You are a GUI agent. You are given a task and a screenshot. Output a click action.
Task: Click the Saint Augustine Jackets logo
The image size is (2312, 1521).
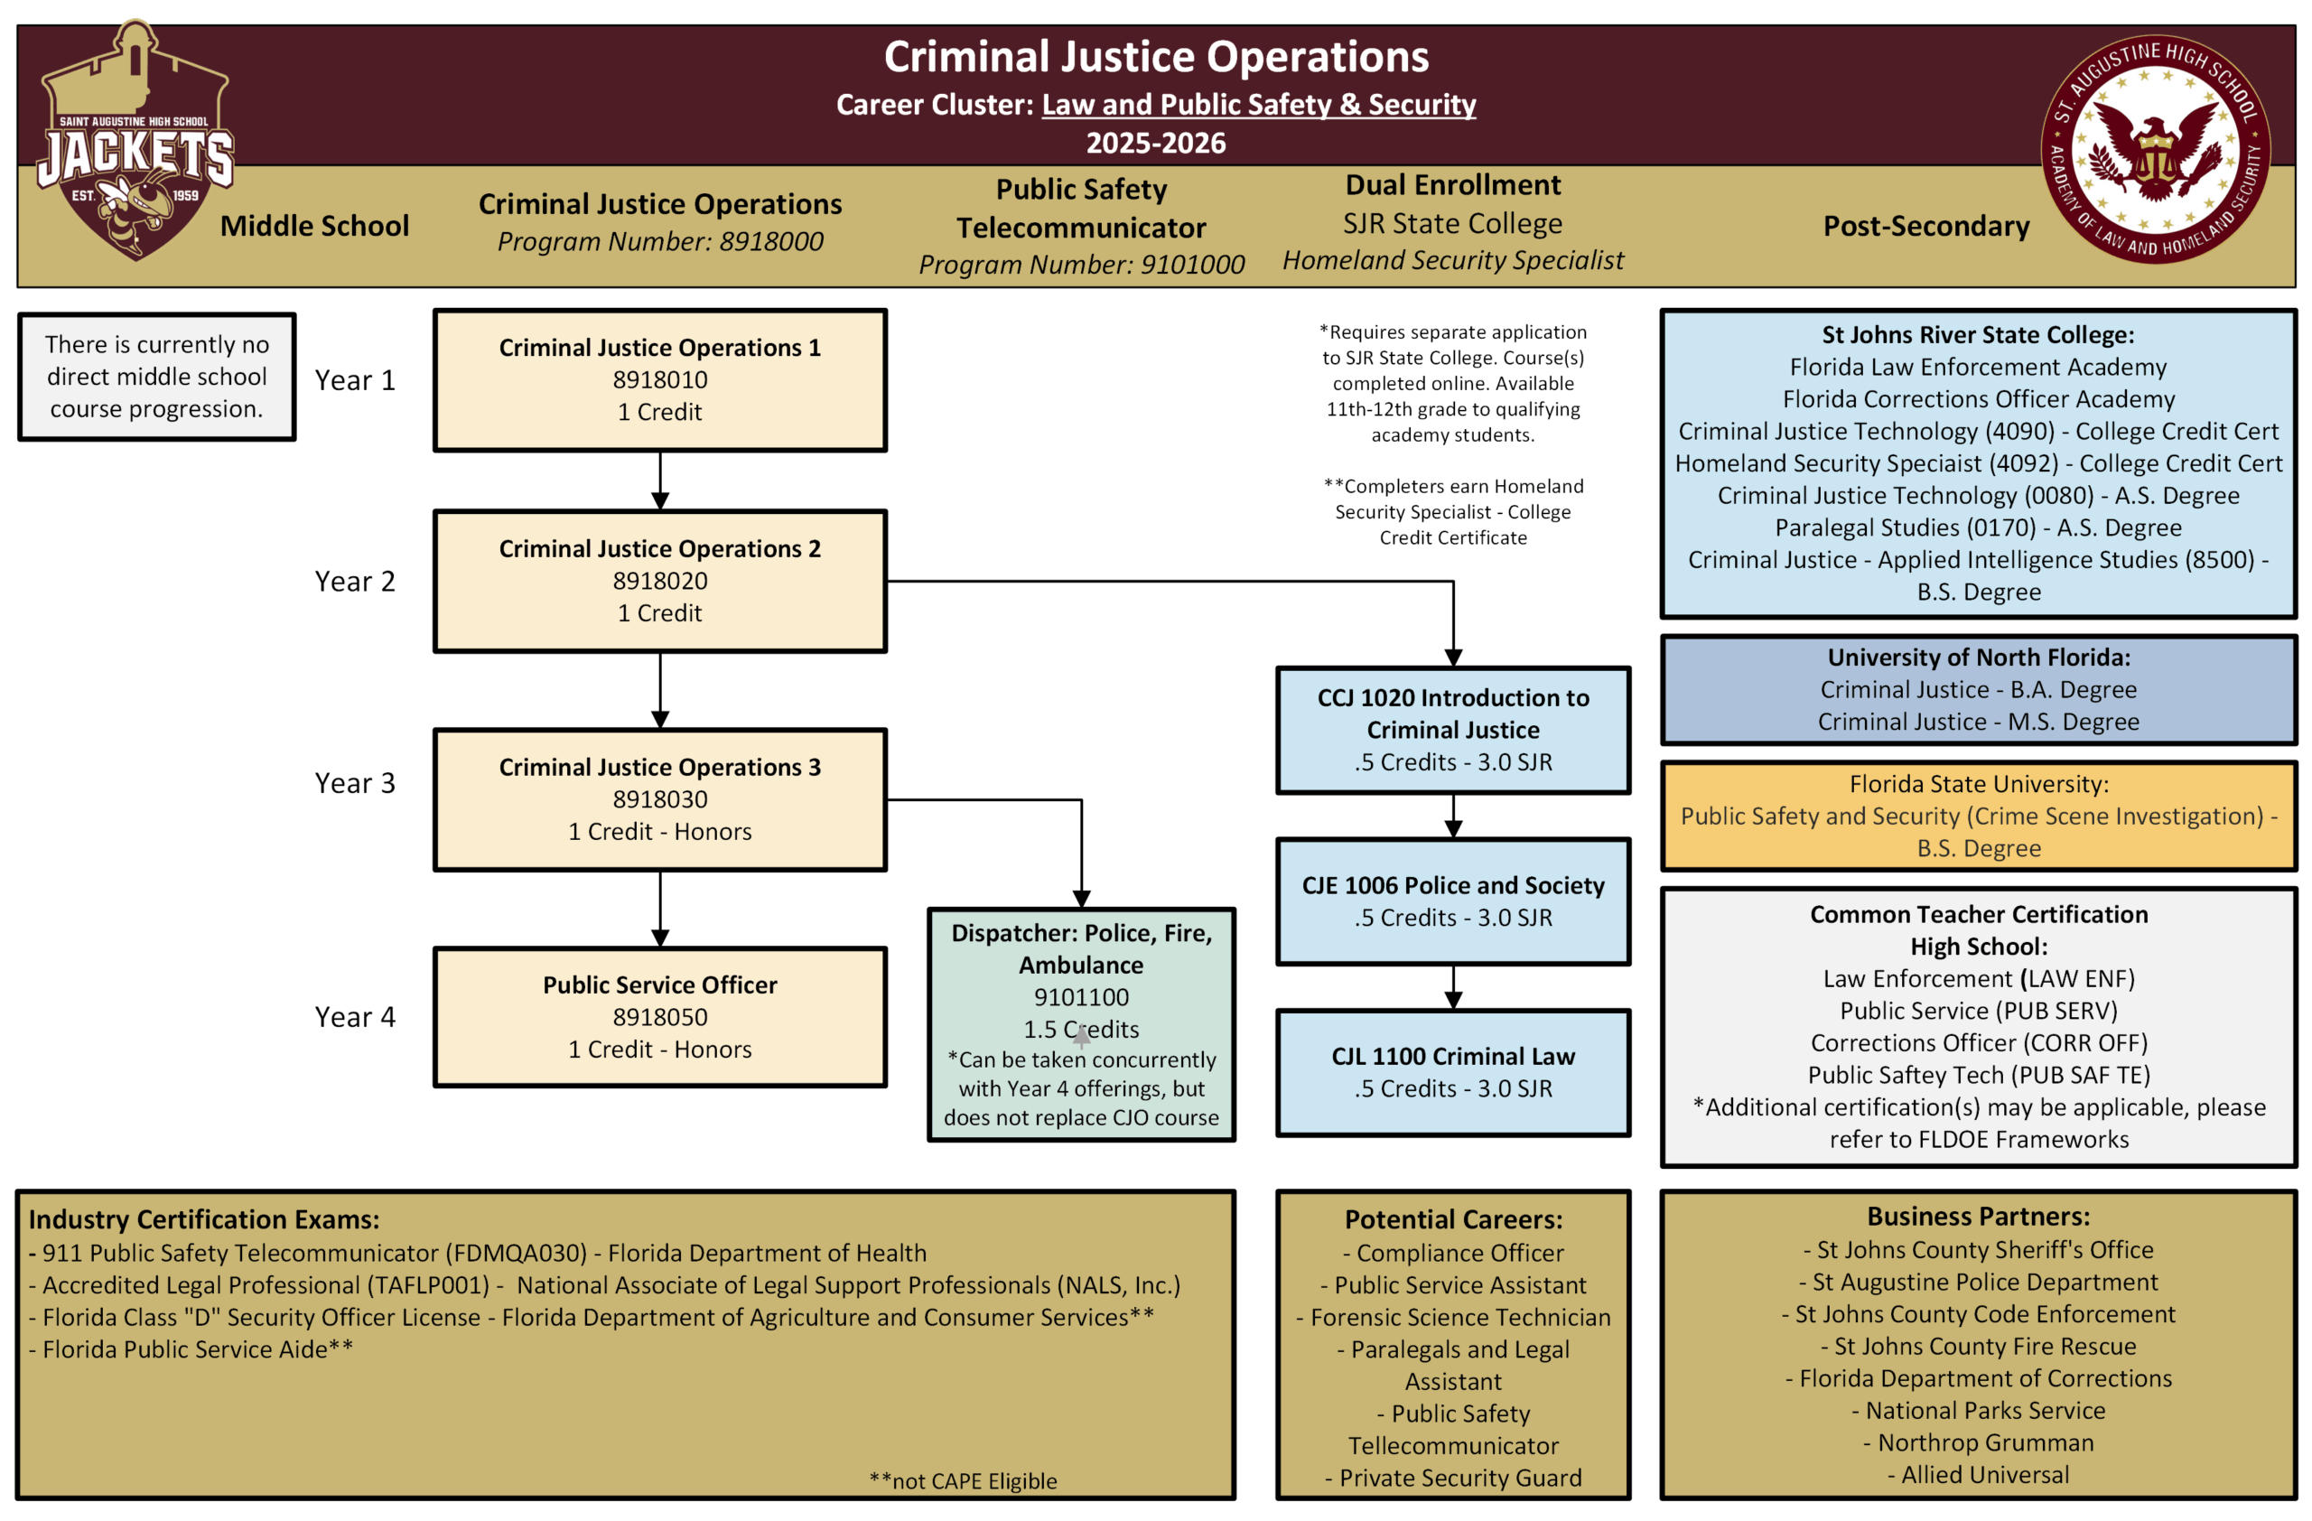[x=135, y=141]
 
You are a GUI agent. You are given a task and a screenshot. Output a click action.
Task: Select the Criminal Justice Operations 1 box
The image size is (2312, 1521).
[x=659, y=379]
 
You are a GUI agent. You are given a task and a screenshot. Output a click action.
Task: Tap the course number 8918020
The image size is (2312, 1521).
[x=659, y=581]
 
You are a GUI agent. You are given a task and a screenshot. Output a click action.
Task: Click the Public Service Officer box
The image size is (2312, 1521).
[x=659, y=1017]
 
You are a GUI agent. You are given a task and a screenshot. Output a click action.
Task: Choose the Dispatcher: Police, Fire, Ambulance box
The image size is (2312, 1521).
[x=1081, y=1024]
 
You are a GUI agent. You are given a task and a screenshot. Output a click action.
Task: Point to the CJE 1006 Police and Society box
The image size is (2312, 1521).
[x=1453, y=901]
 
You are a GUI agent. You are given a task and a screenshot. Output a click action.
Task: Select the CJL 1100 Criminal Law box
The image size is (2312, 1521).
[x=1453, y=1072]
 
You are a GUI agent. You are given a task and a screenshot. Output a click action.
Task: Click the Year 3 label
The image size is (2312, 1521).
[x=355, y=783]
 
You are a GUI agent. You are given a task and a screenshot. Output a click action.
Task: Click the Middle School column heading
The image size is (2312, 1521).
[x=315, y=225]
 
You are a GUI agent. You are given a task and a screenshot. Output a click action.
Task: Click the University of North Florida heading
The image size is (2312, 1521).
[x=1979, y=658]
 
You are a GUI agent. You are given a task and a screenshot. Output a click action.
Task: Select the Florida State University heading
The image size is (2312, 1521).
[x=1979, y=784]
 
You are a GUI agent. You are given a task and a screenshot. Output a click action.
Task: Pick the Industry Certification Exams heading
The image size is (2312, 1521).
[x=204, y=1219]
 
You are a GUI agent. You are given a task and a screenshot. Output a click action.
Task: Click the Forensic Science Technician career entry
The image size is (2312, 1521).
[x=1453, y=1317]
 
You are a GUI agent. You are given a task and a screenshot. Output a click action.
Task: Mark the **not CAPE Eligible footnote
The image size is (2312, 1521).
[x=963, y=1481]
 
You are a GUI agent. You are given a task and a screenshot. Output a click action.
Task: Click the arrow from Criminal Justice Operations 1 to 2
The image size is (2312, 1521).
[x=660, y=481]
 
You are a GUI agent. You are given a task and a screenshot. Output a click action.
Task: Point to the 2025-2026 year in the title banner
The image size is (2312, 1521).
[x=1156, y=143]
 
